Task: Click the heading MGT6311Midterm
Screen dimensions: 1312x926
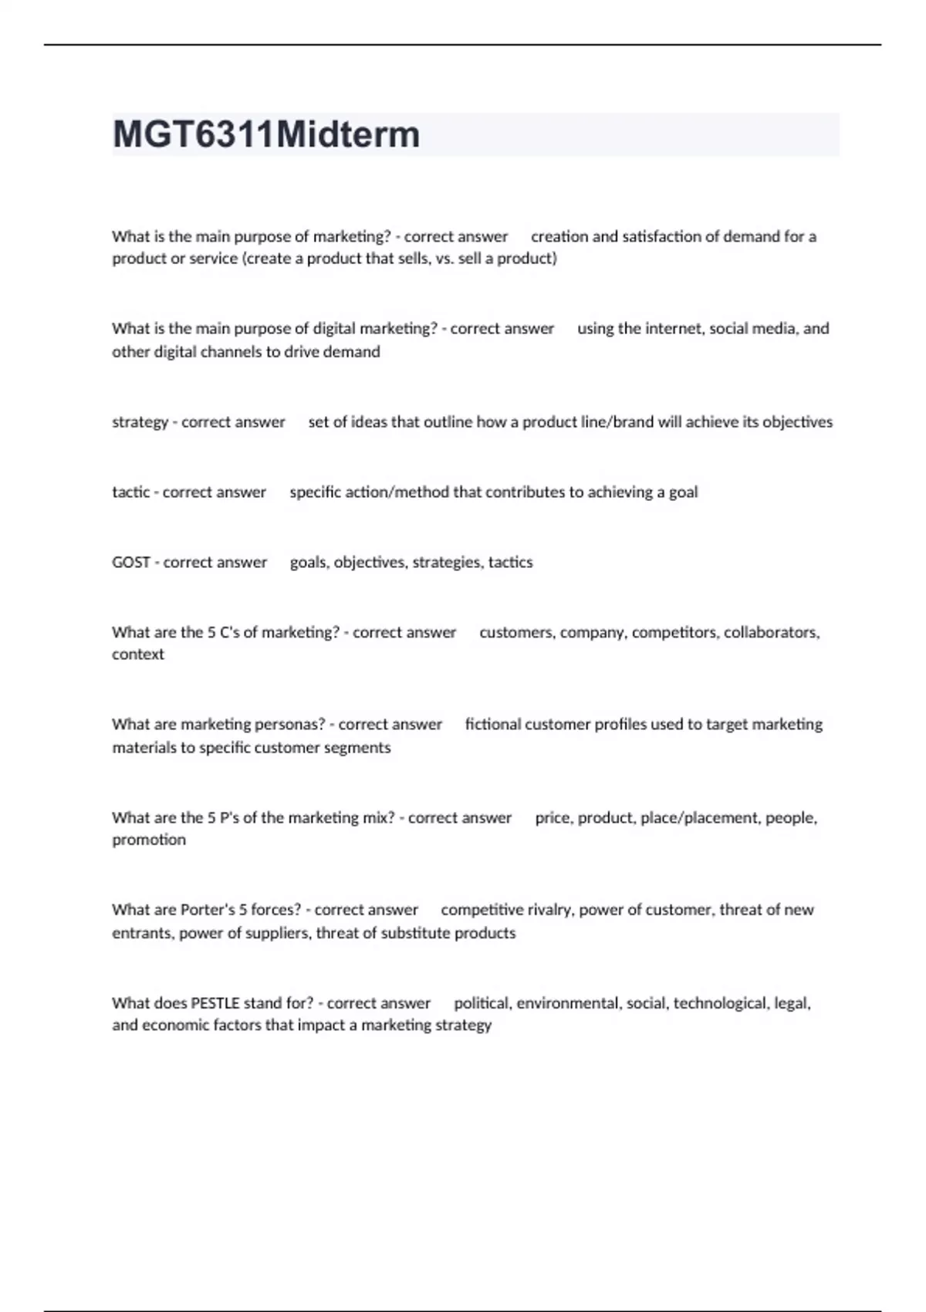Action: point(266,134)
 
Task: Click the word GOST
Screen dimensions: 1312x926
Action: point(130,562)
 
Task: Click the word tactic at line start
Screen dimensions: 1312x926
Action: point(130,492)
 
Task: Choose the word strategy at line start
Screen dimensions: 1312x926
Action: point(140,422)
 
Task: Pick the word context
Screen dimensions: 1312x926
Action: point(138,654)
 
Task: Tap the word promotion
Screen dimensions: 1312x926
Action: point(149,840)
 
